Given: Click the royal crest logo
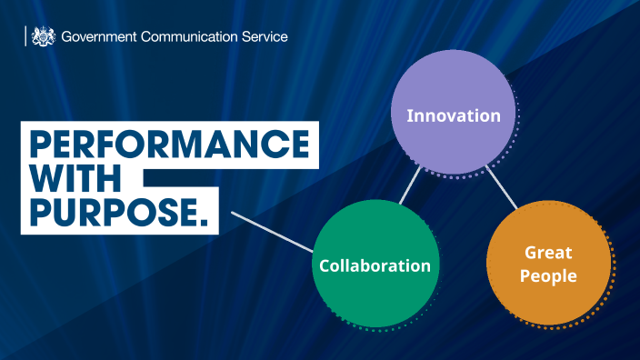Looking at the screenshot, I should tap(43, 36).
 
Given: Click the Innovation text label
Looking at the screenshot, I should tap(453, 116).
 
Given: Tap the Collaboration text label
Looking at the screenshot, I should tap(375, 266).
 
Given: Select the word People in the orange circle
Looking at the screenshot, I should tap(548, 275).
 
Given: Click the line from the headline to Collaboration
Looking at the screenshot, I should tap(273, 232).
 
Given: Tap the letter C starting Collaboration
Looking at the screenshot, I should tap(325, 266).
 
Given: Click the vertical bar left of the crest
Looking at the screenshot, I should tap(25, 36).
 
